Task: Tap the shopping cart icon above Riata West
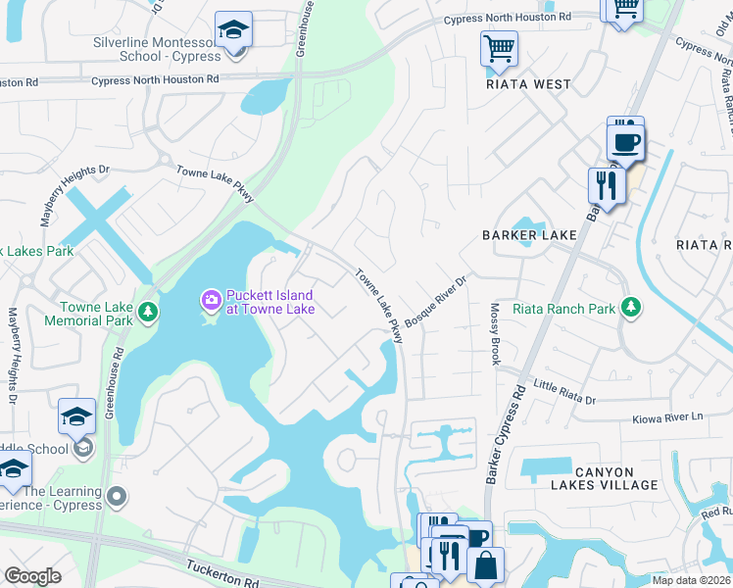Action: point(499,47)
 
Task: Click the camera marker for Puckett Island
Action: point(211,298)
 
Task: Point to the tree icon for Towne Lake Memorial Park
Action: point(147,312)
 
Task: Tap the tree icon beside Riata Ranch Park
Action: point(631,309)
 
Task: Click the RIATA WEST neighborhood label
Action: point(528,84)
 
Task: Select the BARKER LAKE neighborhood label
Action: point(528,235)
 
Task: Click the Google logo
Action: point(32,576)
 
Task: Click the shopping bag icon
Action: point(485,565)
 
